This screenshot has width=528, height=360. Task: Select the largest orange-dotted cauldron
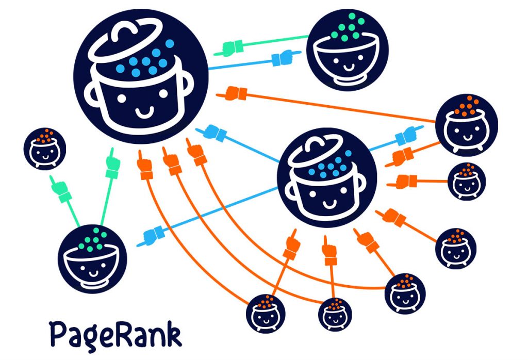(466, 124)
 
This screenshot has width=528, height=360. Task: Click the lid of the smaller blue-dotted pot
(314, 150)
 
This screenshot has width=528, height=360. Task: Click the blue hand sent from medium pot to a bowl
(153, 235)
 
